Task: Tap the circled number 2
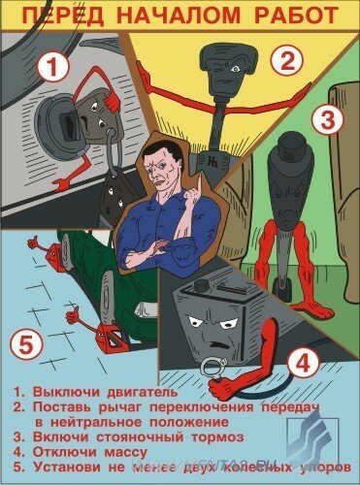[x=283, y=60]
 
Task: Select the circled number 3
[x=327, y=121]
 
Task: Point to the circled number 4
[x=304, y=364]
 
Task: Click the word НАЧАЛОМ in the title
[x=172, y=14]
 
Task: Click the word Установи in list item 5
[x=63, y=467]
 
